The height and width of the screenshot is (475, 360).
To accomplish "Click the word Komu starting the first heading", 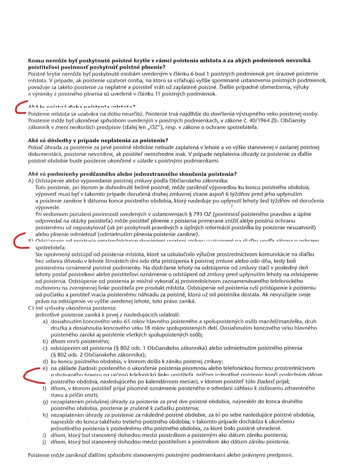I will tap(35, 61).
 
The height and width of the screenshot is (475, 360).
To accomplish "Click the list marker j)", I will tap(44, 442).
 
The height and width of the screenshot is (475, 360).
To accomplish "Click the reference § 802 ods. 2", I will tap(63, 354).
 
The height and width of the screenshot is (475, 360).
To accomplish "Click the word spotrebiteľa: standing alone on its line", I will tap(49, 247).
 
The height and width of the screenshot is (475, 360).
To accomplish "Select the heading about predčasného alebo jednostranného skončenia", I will tap(132, 174).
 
